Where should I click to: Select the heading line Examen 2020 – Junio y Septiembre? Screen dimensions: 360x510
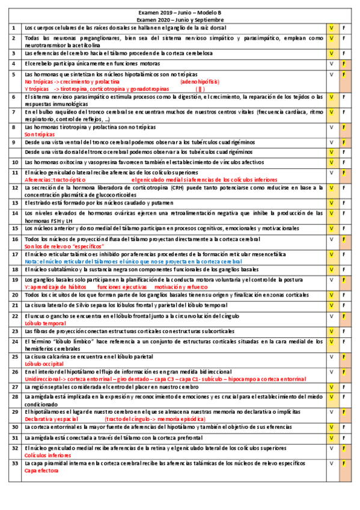[x=180, y=19]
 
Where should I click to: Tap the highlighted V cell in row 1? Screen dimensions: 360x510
[x=331, y=28]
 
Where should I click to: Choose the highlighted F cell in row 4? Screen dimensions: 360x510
[x=344, y=63]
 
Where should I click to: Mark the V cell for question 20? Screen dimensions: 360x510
[x=331, y=295]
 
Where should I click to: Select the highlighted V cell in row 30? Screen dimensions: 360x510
[x=331, y=426]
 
